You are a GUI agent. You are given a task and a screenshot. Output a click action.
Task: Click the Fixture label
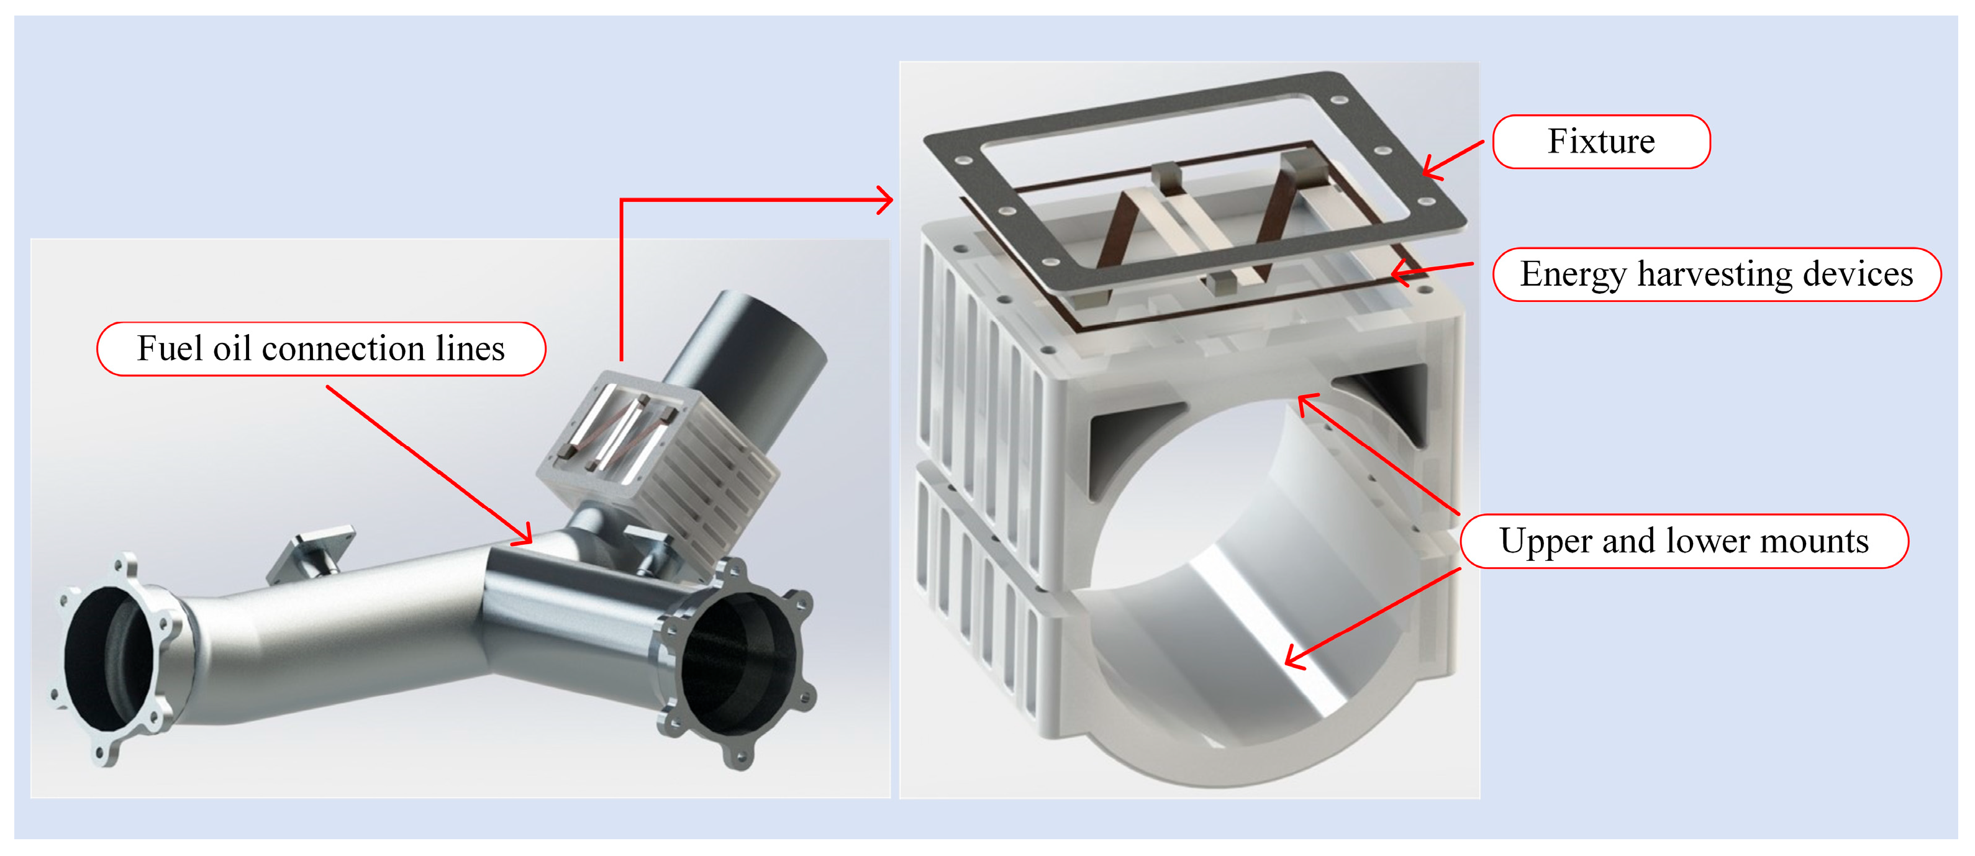(x=1601, y=142)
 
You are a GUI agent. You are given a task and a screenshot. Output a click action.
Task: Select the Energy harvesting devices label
(x=1717, y=275)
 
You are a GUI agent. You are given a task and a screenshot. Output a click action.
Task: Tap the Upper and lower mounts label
(x=1684, y=542)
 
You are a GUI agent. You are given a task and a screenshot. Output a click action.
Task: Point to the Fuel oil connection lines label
(x=321, y=349)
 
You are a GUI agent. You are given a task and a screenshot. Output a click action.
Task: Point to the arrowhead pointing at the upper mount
(x=1305, y=402)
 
